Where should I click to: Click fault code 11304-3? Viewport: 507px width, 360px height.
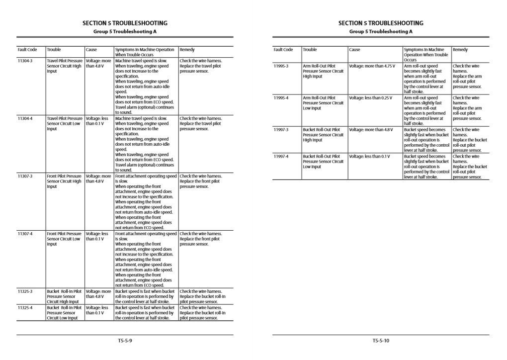coord(25,61)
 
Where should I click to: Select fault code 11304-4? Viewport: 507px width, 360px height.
coord(25,118)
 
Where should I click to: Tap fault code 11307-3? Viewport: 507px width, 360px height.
coord(25,176)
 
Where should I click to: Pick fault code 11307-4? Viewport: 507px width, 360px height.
coord(25,234)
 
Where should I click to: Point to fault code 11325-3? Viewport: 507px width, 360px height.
coord(25,291)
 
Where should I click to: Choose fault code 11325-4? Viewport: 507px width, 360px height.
coord(25,308)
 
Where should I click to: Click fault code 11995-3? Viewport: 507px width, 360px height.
coord(281,66)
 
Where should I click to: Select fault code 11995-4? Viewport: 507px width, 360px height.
coord(281,98)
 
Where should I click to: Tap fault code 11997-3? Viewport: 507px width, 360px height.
coord(281,130)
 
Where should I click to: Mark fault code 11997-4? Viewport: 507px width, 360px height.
coord(281,156)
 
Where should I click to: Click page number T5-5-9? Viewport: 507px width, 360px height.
coord(125,341)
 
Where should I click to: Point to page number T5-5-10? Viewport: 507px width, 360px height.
coord(381,341)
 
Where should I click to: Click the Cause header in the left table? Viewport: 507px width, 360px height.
coord(91,50)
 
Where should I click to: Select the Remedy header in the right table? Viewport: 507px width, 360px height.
coord(460,50)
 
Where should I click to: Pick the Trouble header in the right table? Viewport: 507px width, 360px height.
coord(310,50)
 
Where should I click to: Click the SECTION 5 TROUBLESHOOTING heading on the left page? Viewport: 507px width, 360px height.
coord(125,23)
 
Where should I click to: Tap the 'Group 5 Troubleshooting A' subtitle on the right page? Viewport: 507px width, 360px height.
coord(381,31)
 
